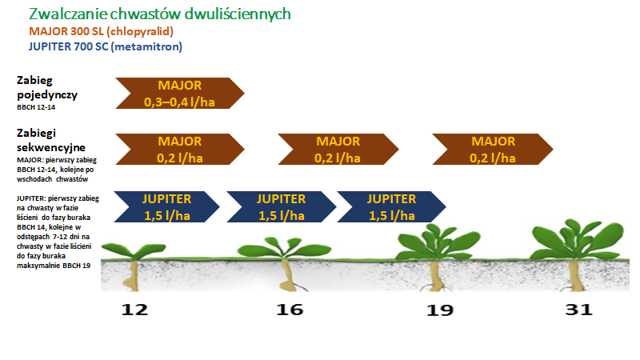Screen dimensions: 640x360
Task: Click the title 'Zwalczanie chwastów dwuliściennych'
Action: (x=159, y=14)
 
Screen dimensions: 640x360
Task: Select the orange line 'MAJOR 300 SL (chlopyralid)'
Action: (x=102, y=31)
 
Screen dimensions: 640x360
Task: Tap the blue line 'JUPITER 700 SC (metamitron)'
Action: (x=106, y=46)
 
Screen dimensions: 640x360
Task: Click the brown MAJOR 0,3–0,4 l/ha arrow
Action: (x=180, y=93)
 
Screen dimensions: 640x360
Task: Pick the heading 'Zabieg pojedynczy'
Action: (x=47, y=87)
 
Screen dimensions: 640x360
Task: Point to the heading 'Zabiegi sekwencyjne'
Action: (x=51, y=140)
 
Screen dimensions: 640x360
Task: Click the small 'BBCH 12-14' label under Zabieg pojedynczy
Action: (x=36, y=107)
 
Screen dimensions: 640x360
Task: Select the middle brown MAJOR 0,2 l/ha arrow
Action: (x=338, y=150)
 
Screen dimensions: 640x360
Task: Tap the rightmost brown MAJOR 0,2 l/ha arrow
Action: (x=493, y=150)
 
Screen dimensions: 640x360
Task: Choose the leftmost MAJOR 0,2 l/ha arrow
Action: (x=180, y=150)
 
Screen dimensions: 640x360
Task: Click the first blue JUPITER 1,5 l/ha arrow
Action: (x=167, y=207)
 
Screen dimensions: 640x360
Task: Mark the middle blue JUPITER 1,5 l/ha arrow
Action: (x=282, y=207)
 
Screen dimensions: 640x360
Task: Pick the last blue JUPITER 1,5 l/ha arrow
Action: (x=391, y=207)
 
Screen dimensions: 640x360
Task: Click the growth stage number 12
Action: (x=134, y=310)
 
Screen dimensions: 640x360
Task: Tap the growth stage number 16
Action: (x=290, y=310)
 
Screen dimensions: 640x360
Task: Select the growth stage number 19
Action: (x=440, y=310)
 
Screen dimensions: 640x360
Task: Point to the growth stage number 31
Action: (x=578, y=310)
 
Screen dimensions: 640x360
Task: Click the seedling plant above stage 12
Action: (x=134, y=266)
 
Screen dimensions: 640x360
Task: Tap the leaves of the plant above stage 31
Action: (x=578, y=240)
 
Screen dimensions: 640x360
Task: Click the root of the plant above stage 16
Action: (x=289, y=275)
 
